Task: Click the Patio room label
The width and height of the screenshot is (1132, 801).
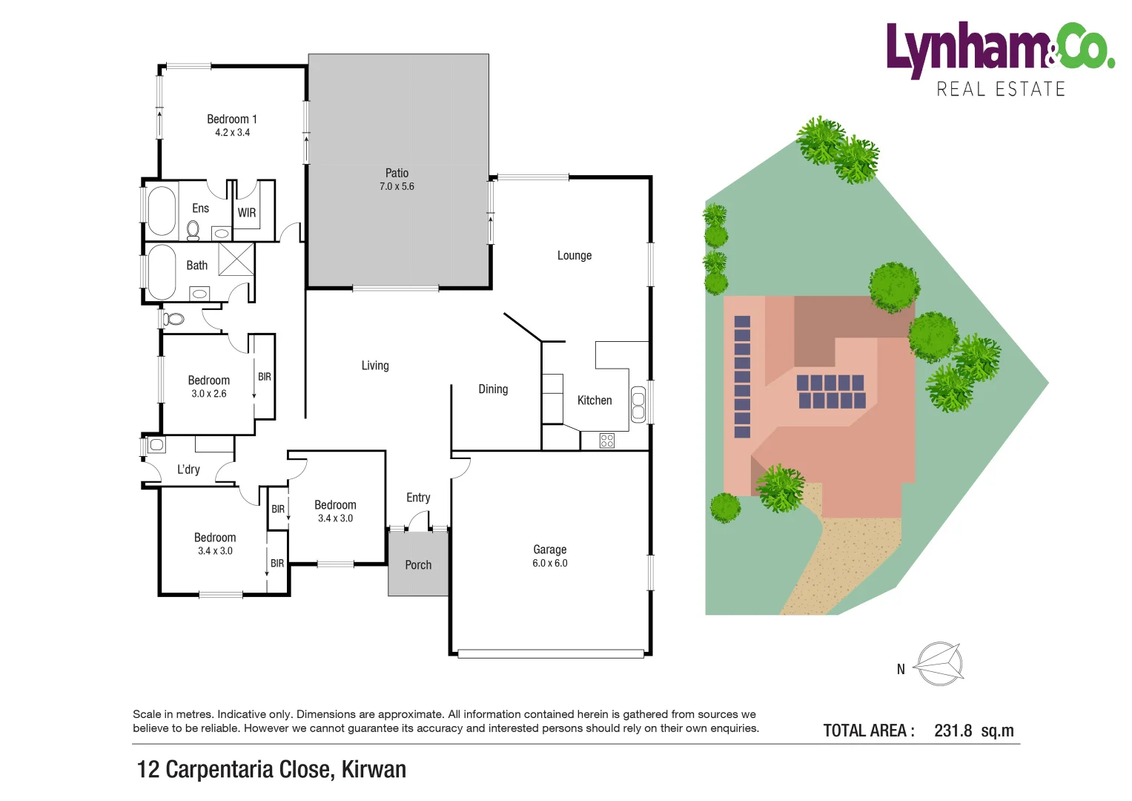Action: (397, 173)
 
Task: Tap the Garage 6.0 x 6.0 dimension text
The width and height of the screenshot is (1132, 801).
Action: (549, 564)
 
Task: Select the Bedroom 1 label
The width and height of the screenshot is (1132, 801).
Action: (231, 119)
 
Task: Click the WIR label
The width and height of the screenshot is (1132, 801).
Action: (247, 213)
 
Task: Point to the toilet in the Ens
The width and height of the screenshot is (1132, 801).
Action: (193, 230)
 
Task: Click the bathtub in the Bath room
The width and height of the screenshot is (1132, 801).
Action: (162, 271)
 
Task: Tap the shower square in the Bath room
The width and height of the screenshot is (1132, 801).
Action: (236, 259)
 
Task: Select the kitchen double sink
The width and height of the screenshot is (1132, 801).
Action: (638, 404)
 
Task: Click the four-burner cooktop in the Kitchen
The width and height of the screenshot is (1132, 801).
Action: (607, 441)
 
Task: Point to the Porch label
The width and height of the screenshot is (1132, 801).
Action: (418, 565)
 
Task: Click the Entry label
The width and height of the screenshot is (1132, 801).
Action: (418, 498)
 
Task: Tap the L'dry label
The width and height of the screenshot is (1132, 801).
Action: (188, 469)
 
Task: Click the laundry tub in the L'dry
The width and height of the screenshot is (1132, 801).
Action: (156, 445)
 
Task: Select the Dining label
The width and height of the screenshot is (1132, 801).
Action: (493, 389)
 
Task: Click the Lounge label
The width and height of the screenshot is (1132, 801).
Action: (575, 256)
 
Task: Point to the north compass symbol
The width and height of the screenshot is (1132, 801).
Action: (939, 664)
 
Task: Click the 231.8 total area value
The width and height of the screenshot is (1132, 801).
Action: (953, 731)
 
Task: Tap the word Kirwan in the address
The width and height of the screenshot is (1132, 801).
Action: (374, 770)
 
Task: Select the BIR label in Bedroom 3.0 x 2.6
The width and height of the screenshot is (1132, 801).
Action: (265, 377)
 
